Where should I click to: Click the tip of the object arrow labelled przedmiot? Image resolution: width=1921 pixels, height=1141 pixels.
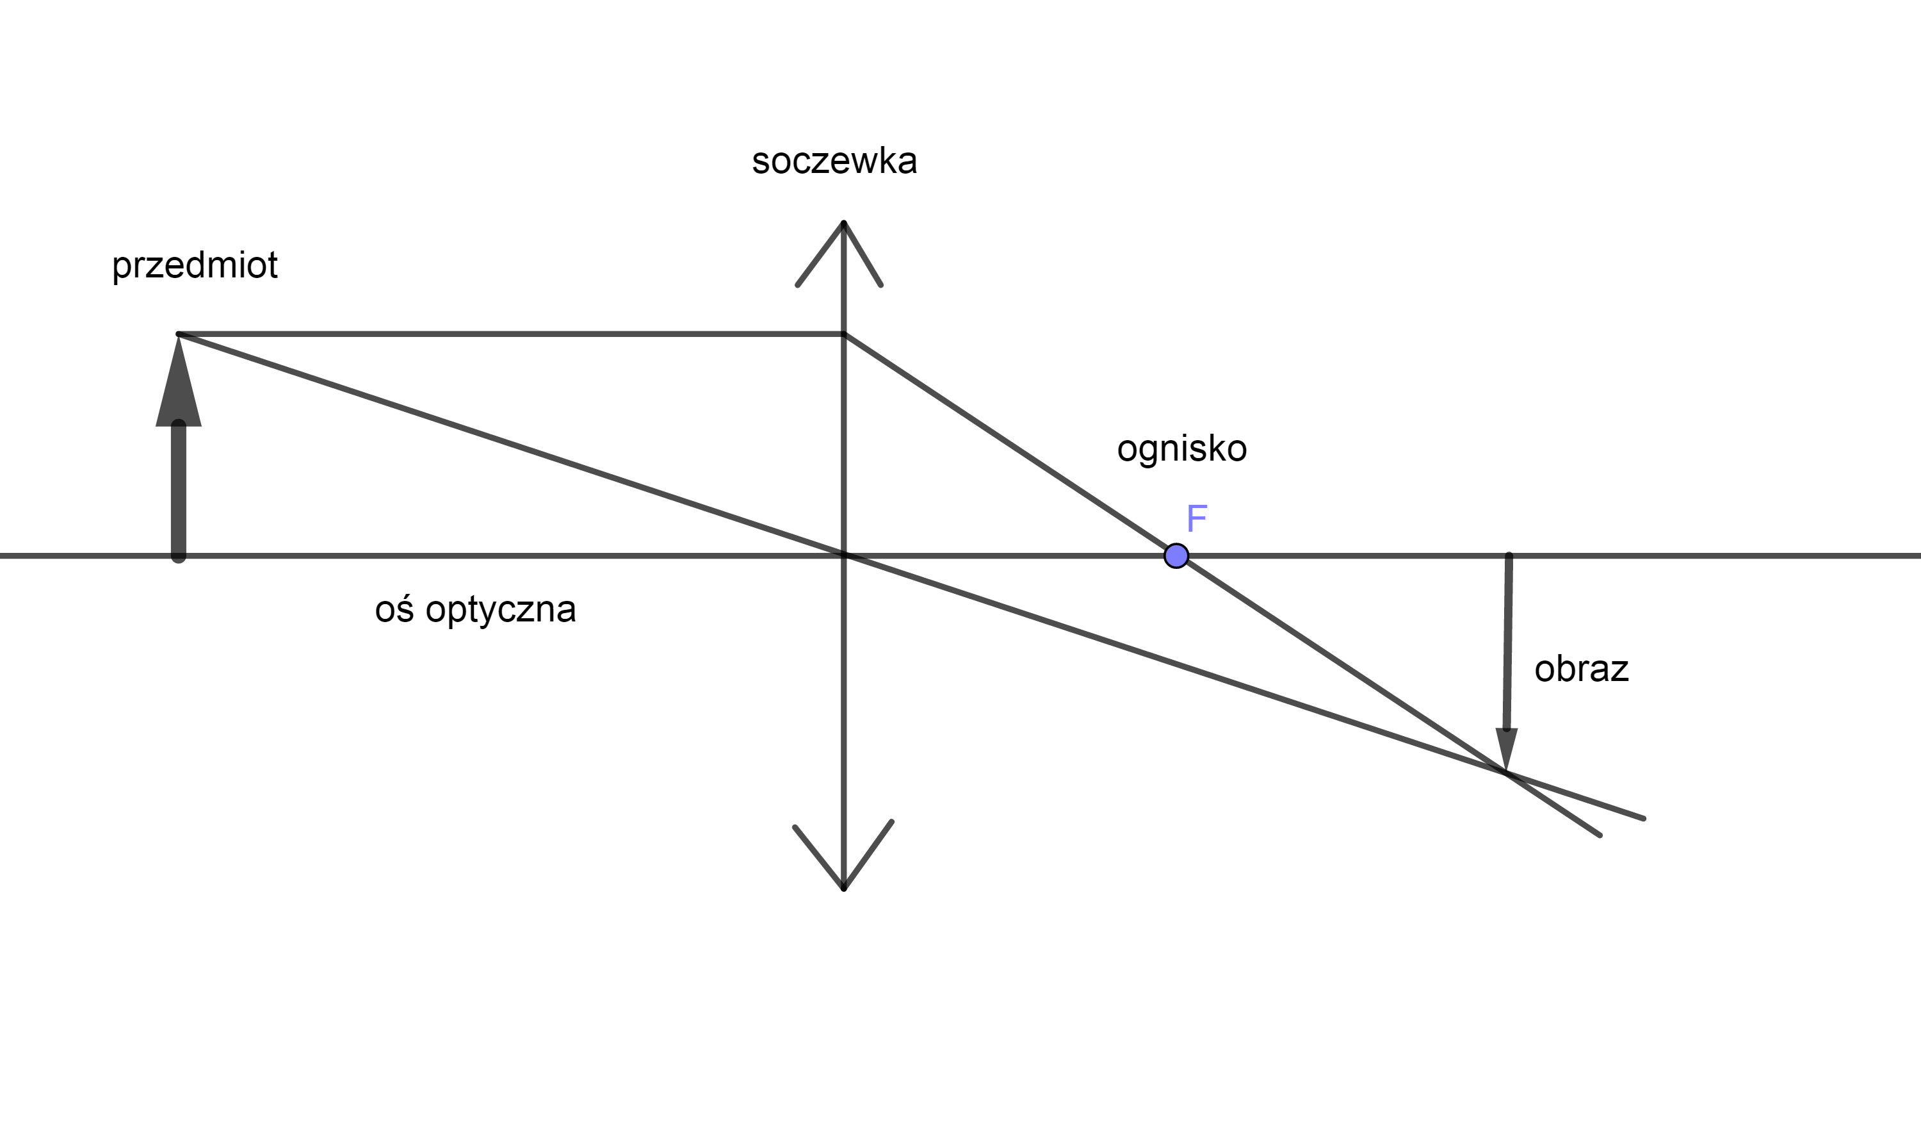(x=178, y=335)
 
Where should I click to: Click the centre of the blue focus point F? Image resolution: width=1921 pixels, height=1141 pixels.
(x=1176, y=555)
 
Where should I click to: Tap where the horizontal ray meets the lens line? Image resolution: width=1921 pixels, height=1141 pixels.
(x=844, y=334)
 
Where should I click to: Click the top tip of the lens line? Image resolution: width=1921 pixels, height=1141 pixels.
(x=844, y=223)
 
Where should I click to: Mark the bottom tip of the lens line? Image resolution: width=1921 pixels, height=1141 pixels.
(x=844, y=889)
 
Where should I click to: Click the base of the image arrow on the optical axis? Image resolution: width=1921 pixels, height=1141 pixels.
(x=1509, y=555)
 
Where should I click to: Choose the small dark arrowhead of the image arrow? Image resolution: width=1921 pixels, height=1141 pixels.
(x=1506, y=749)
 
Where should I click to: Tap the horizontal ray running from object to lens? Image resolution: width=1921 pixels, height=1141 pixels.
(x=511, y=334)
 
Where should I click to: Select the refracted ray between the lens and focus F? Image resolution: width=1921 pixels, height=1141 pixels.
(x=1010, y=445)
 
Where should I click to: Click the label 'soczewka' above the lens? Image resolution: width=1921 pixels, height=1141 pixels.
(x=834, y=161)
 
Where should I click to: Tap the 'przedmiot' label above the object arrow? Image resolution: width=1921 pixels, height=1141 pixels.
(x=195, y=266)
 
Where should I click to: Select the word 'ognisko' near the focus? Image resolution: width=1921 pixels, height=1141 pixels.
(x=1182, y=449)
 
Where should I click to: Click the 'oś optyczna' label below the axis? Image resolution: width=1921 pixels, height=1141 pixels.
(x=476, y=610)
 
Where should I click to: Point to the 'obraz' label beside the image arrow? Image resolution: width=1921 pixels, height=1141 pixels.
(x=1582, y=669)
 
